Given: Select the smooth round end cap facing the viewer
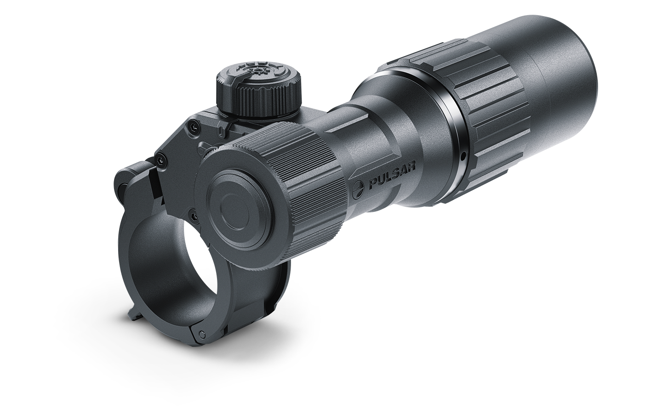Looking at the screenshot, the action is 238,207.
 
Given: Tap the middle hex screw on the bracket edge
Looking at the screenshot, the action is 160,160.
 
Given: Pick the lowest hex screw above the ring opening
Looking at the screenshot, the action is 193,216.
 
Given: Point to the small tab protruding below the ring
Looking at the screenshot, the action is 133,315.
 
